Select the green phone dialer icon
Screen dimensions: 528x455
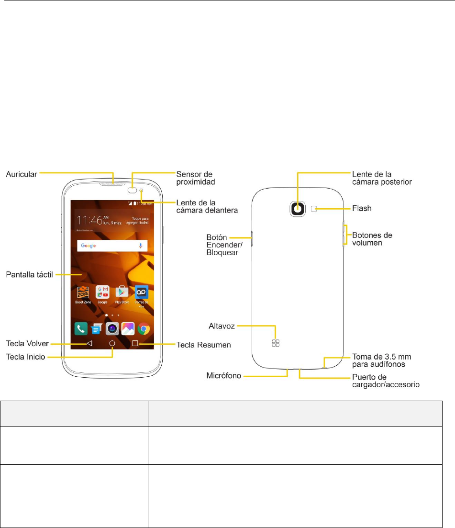point(80,329)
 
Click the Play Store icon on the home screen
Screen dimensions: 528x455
point(122,292)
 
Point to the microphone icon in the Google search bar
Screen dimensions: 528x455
point(141,246)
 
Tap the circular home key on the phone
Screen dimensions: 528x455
point(112,343)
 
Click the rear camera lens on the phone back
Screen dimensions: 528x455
point(298,208)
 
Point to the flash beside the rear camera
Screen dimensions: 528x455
point(314,208)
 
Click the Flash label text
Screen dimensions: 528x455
point(362,209)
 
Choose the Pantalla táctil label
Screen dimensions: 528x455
point(29,275)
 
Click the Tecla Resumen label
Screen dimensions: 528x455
point(204,344)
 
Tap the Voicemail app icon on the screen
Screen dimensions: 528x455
point(142,292)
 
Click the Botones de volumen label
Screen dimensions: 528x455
point(372,238)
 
